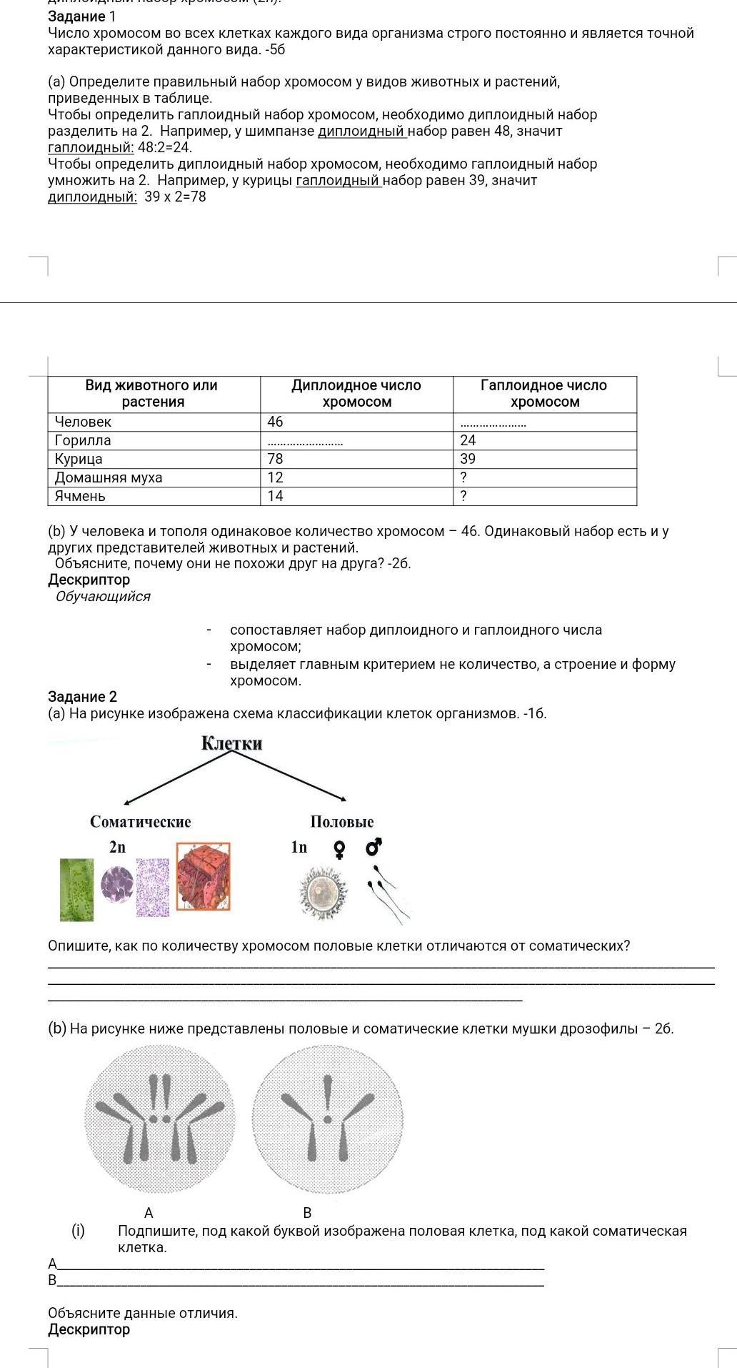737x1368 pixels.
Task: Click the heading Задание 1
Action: [81, 16]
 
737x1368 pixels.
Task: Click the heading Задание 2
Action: [82, 696]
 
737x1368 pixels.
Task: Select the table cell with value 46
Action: [276, 422]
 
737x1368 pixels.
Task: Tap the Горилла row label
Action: [83, 440]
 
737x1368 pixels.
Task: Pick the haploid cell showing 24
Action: [468, 440]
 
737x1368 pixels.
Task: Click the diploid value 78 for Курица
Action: [276, 459]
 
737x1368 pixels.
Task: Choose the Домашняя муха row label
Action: [109, 477]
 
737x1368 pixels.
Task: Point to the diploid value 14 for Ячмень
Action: [276, 496]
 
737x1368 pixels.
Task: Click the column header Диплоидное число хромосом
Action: [356, 394]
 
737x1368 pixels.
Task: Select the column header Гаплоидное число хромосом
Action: [544, 394]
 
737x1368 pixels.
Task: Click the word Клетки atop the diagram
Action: [232, 743]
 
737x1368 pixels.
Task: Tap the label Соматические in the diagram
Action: [141, 821]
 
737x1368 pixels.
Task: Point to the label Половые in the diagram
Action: [342, 821]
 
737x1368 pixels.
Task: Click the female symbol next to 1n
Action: [340, 848]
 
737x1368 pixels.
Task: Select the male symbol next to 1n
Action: [374, 847]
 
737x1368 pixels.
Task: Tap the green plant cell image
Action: [76, 890]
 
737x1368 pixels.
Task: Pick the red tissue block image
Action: [204, 877]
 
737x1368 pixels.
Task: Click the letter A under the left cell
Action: [149, 1213]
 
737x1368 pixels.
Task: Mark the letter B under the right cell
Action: [307, 1213]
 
